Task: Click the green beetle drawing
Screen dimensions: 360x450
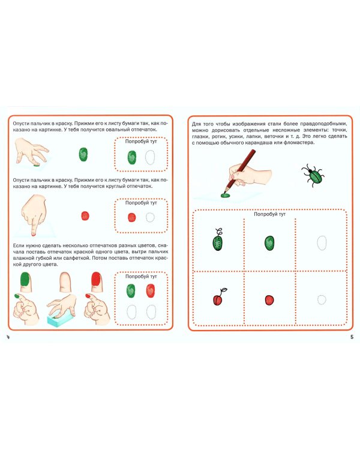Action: coord(313,175)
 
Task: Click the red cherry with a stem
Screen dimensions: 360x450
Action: coord(219,298)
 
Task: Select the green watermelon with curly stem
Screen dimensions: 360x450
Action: coord(218,240)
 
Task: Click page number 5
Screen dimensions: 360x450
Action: coord(352,337)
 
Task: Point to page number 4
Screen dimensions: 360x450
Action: coord(8,337)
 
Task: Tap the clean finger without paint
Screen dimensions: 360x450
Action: coord(65,282)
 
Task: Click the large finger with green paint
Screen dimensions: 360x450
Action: coord(26,282)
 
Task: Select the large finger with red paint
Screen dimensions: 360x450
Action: coord(97,282)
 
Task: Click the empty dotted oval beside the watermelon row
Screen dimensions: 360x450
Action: coord(322,243)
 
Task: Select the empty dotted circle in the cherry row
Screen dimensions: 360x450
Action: coord(322,300)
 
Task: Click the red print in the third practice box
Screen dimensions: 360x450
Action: coord(151,291)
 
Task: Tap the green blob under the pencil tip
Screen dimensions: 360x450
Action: coord(226,195)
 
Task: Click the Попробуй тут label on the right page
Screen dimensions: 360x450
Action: coord(269,214)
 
